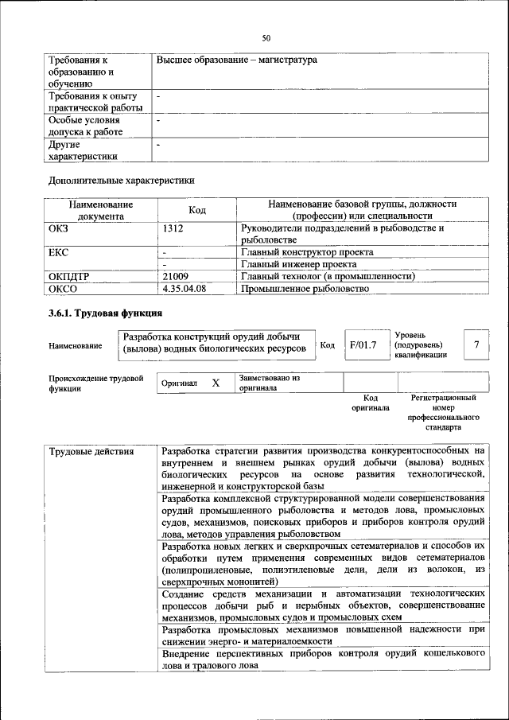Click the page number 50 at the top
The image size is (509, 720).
click(x=266, y=37)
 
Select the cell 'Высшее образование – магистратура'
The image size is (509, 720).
click(x=236, y=60)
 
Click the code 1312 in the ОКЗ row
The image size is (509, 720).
click(x=173, y=228)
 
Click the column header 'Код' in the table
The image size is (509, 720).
click(x=197, y=210)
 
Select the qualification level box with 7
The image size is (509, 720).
click(x=476, y=344)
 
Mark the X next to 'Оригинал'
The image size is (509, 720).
click(x=216, y=383)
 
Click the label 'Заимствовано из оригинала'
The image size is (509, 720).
click(x=269, y=383)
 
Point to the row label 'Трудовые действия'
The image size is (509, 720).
click(x=80, y=453)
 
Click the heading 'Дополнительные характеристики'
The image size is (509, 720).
click(x=122, y=181)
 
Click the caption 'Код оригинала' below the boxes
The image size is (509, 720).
click(x=370, y=403)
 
